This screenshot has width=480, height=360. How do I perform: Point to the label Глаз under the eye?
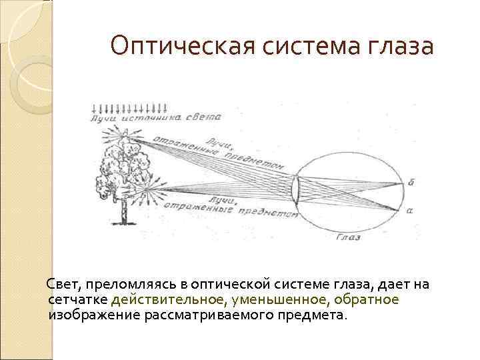pyautogui.click(x=349, y=237)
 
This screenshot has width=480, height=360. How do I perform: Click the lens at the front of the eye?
pyautogui.click(x=296, y=189)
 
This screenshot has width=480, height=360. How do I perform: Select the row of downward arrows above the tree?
pyautogui.click(x=130, y=107)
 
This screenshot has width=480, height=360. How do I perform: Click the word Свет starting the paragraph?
pyautogui.click(x=62, y=285)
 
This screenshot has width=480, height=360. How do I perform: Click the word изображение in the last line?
pyautogui.click(x=94, y=315)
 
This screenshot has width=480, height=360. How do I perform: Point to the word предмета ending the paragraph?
pyautogui.click(x=311, y=315)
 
